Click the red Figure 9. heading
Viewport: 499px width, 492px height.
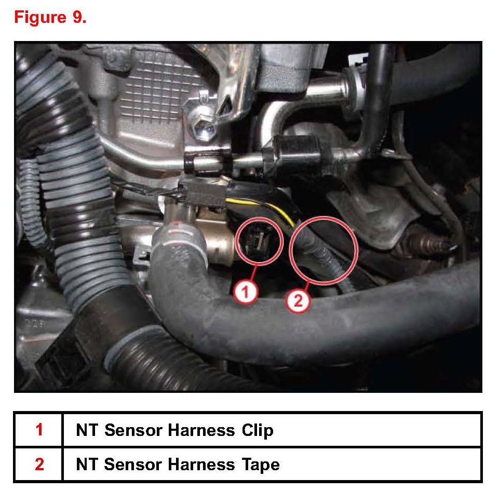click(x=50, y=17)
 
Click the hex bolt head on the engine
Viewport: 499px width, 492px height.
click(x=201, y=126)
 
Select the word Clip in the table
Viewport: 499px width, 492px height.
click(x=257, y=430)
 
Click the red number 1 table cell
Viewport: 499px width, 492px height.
click(x=39, y=430)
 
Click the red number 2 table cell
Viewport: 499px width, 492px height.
click(x=39, y=464)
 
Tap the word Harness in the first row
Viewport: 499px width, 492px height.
click(x=201, y=430)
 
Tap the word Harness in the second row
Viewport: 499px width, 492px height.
click(x=201, y=464)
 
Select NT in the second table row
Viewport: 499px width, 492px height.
click(x=87, y=464)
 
